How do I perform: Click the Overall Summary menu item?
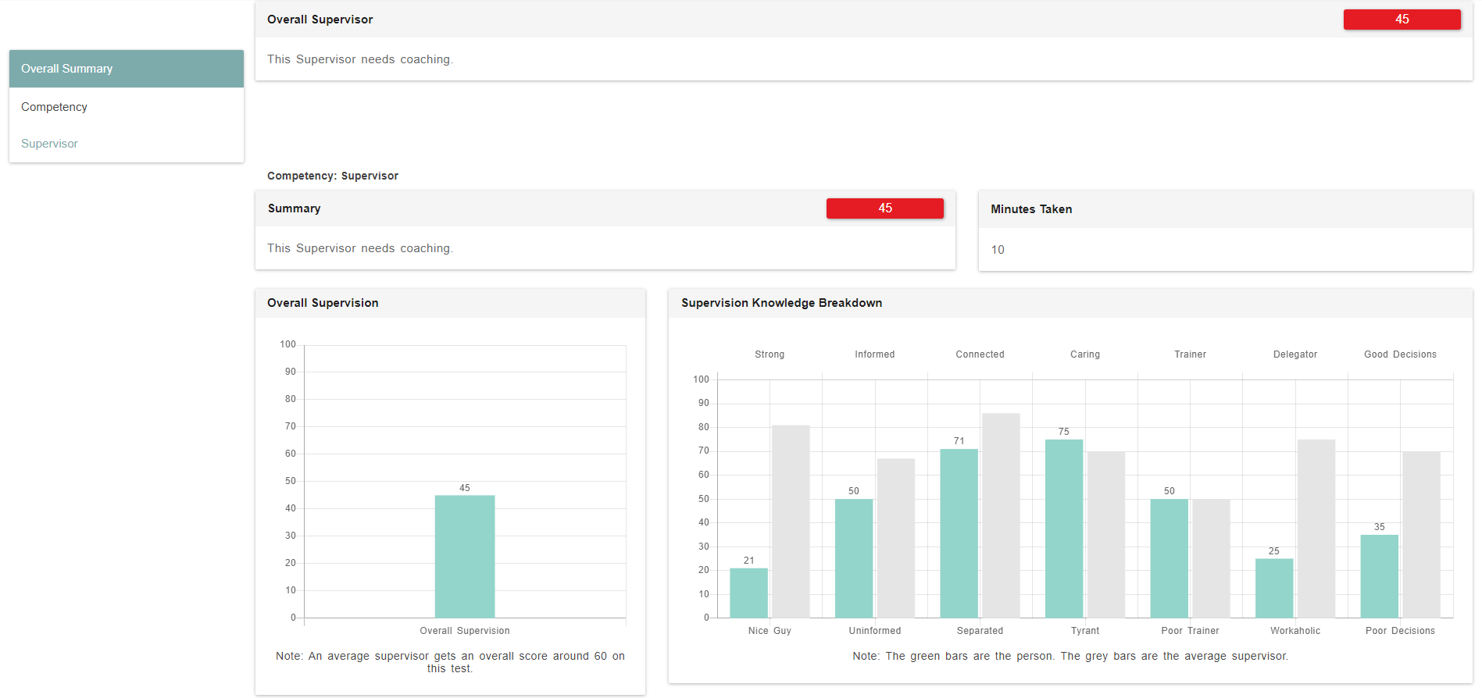67,69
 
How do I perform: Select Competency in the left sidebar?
54,107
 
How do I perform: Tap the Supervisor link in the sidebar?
49,144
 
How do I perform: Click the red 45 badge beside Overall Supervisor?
1402,20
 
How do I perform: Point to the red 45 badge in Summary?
884,208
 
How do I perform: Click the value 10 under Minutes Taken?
998,250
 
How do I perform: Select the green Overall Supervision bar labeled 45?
465,556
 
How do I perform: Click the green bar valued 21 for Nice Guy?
748,593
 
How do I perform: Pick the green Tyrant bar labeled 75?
1064,528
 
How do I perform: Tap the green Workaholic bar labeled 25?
1274,588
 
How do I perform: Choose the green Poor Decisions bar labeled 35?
1379,576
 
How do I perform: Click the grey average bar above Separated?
1001,515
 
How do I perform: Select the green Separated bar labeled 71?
959,532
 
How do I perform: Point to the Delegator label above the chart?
1295,354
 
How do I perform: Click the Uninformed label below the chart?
875,631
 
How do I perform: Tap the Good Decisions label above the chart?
1400,354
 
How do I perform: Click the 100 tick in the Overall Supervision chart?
288,344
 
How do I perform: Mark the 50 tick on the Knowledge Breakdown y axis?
704,499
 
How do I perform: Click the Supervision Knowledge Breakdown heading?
781,303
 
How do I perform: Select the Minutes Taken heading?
1031,209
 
